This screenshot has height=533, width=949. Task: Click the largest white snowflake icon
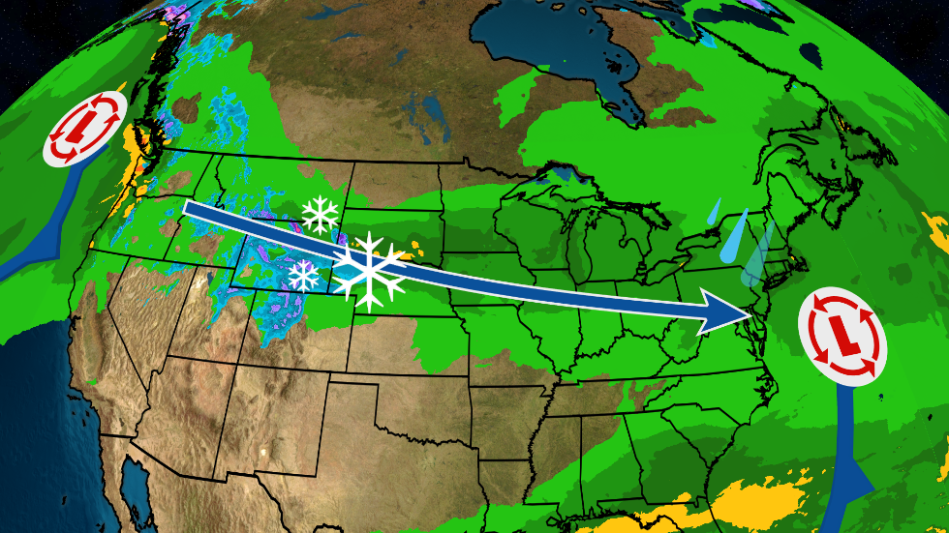(x=369, y=270)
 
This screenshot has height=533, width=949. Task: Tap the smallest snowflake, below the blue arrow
(x=304, y=275)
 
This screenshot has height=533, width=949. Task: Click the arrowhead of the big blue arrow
(x=730, y=313)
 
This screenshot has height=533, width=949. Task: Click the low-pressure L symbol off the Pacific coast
(x=87, y=128)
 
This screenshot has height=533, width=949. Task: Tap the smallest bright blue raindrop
(x=715, y=212)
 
